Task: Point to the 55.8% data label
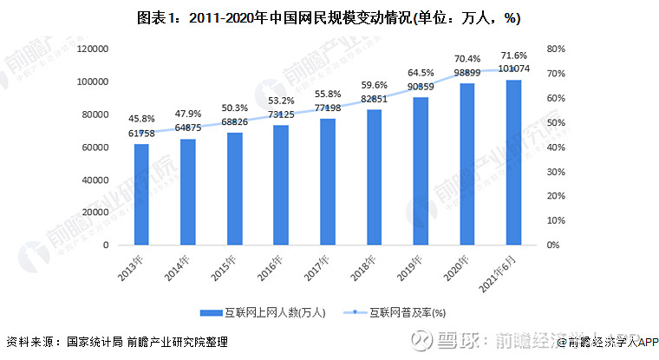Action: [328, 94]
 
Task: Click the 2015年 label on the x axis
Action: [227, 267]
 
